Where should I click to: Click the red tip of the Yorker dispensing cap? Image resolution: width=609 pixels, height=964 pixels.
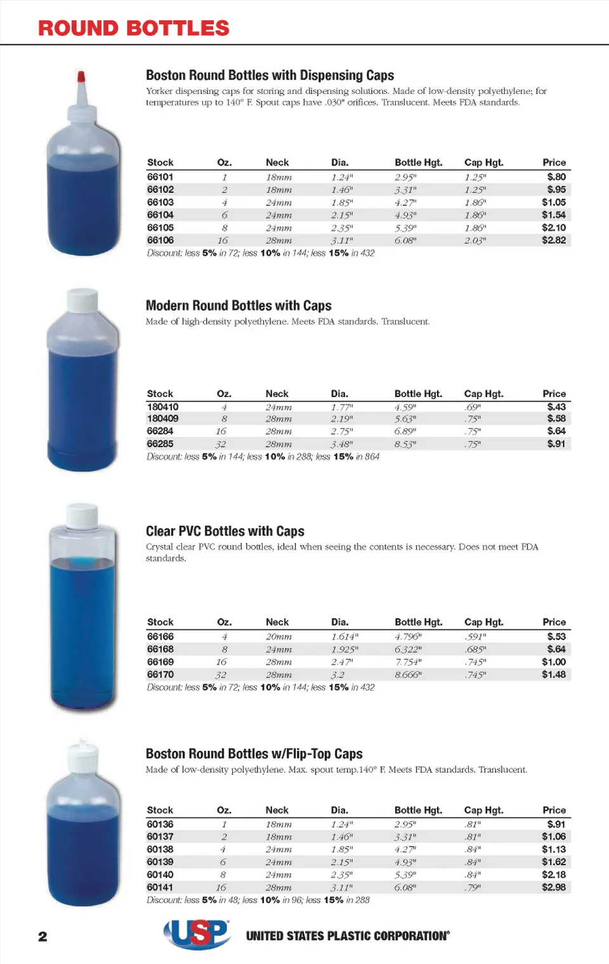pos(81,77)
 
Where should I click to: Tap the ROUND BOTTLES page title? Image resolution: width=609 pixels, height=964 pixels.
pos(133,29)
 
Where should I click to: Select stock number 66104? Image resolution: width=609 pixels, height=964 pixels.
pos(160,215)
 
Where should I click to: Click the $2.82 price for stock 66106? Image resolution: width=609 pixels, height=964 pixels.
pos(553,240)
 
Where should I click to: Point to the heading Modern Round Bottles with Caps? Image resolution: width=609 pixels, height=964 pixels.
pos(239,306)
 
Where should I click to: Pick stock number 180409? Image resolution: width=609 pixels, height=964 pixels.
pos(162,419)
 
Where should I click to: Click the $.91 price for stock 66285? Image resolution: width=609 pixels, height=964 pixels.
pos(556,444)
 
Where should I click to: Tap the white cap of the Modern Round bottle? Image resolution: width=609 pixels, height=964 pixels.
pos(82,300)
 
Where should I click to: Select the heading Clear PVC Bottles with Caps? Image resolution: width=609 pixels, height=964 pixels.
pos(225,531)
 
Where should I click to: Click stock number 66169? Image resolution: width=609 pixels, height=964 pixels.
pos(160,662)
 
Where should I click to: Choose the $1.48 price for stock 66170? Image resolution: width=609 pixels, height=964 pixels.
pos(553,675)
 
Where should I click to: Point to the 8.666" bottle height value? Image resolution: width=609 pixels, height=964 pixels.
pos(408,675)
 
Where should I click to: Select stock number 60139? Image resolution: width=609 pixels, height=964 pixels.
pos(160,862)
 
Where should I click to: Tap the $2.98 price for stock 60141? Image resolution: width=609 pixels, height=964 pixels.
pos(553,887)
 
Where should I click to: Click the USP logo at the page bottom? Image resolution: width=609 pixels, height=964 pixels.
pos(197,934)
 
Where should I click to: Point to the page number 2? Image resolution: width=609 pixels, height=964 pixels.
pos(43,937)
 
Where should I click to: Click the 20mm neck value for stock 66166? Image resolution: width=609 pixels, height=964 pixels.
pos(278,637)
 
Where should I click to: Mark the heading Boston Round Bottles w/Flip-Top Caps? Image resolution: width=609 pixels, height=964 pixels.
pos(254,754)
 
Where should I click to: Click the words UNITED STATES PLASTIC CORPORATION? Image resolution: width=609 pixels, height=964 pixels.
pos(348,936)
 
